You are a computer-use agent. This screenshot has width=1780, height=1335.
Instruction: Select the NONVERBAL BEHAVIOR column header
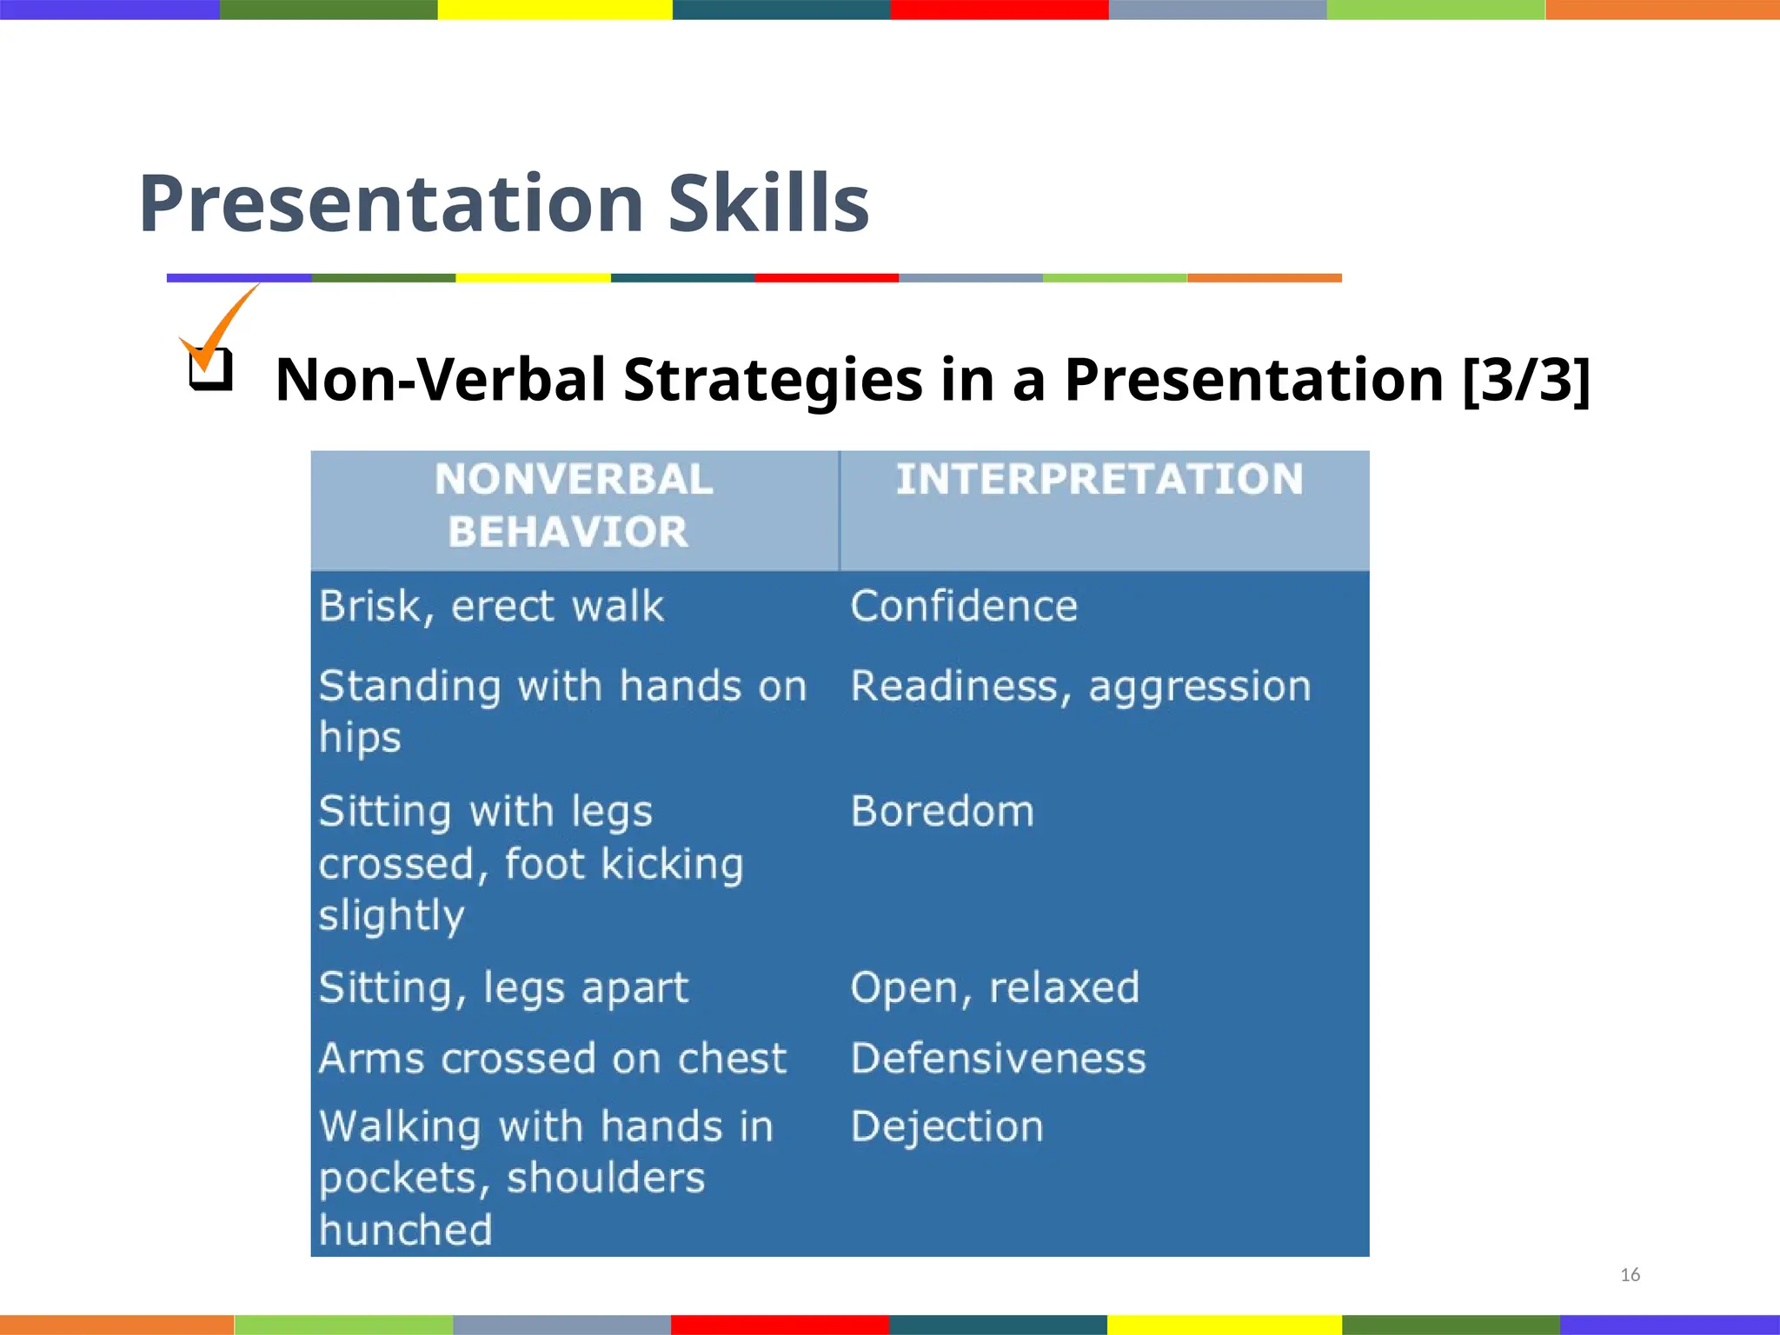pyautogui.click(x=573, y=505)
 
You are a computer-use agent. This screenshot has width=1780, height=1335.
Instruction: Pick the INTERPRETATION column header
pyautogui.click(x=1099, y=479)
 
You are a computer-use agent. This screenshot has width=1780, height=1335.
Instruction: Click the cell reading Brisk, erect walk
pyautogui.click(x=491, y=606)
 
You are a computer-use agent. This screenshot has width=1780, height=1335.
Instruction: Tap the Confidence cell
pyautogui.click(x=963, y=606)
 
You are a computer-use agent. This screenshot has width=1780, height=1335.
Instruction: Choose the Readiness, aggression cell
pyautogui.click(x=1080, y=686)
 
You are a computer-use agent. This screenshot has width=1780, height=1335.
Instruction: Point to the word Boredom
pyautogui.click(x=942, y=811)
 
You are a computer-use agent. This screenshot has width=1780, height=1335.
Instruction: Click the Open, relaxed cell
pyautogui.click(x=994, y=987)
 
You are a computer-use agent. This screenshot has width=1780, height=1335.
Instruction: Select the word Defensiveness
pyautogui.click(x=998, y=1058)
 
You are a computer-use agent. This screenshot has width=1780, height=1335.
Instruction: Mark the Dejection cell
pyautogui.click(x=946, y=1126)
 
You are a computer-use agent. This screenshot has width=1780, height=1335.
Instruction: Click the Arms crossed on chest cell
pyautogui.click(x=553, y=1058)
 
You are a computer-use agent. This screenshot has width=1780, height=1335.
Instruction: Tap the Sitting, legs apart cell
pyautogui.click(x=503, y=987)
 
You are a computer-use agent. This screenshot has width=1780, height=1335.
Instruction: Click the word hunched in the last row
pyautogui.click(x=405, y=1230)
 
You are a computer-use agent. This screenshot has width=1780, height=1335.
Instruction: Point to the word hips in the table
pyautogui.click(x=360, y=738)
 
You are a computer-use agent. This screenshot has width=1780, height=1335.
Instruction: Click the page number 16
pyautogui.click(x=1630, y=1275)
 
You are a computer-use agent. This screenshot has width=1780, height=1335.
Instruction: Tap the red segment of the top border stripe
pyautogui.click(x=999, y=10)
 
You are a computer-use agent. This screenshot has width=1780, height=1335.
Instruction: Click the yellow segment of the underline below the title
pyautogui.click(x=533, y=278)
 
